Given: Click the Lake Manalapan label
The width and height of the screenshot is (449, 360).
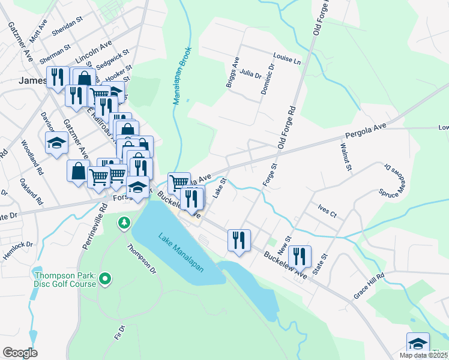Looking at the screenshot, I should [x=181, y=252].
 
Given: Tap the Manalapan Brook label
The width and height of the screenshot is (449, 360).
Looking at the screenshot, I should [x=182, y=76].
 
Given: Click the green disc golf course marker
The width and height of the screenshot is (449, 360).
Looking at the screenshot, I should [x=105, y=278].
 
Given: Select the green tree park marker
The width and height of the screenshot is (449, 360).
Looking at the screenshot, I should [x=124, y=223].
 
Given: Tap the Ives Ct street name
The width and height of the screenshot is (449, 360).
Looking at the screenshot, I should [x=327, y=210].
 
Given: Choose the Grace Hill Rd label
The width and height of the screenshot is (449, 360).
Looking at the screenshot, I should [x=369, y=286].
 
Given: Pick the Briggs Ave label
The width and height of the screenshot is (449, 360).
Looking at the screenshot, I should [x=232, y=73].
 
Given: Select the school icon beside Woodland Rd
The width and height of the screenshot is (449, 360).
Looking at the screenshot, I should [x=56, y=143].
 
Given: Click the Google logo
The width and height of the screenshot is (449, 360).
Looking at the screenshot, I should [x=19, y=353].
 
